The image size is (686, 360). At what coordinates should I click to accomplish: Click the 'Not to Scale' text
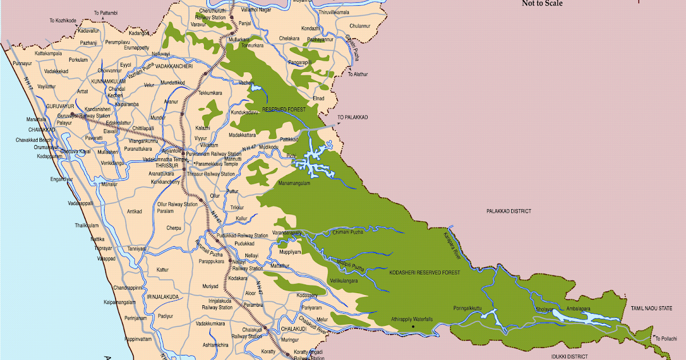click(x=542, y=3)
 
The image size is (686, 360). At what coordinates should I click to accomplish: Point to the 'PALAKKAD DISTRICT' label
click(x=508, y=211)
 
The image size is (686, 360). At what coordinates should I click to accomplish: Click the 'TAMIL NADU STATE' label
click(x=652, y=308)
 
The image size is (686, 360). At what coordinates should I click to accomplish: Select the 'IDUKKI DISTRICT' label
click(x=569, y=356)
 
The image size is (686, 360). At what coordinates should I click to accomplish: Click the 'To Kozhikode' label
click(x=62, y=21)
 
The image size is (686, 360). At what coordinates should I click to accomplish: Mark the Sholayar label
click(x=545, y=309)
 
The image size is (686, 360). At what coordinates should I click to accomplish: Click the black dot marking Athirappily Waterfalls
click(x=412, y=327)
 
